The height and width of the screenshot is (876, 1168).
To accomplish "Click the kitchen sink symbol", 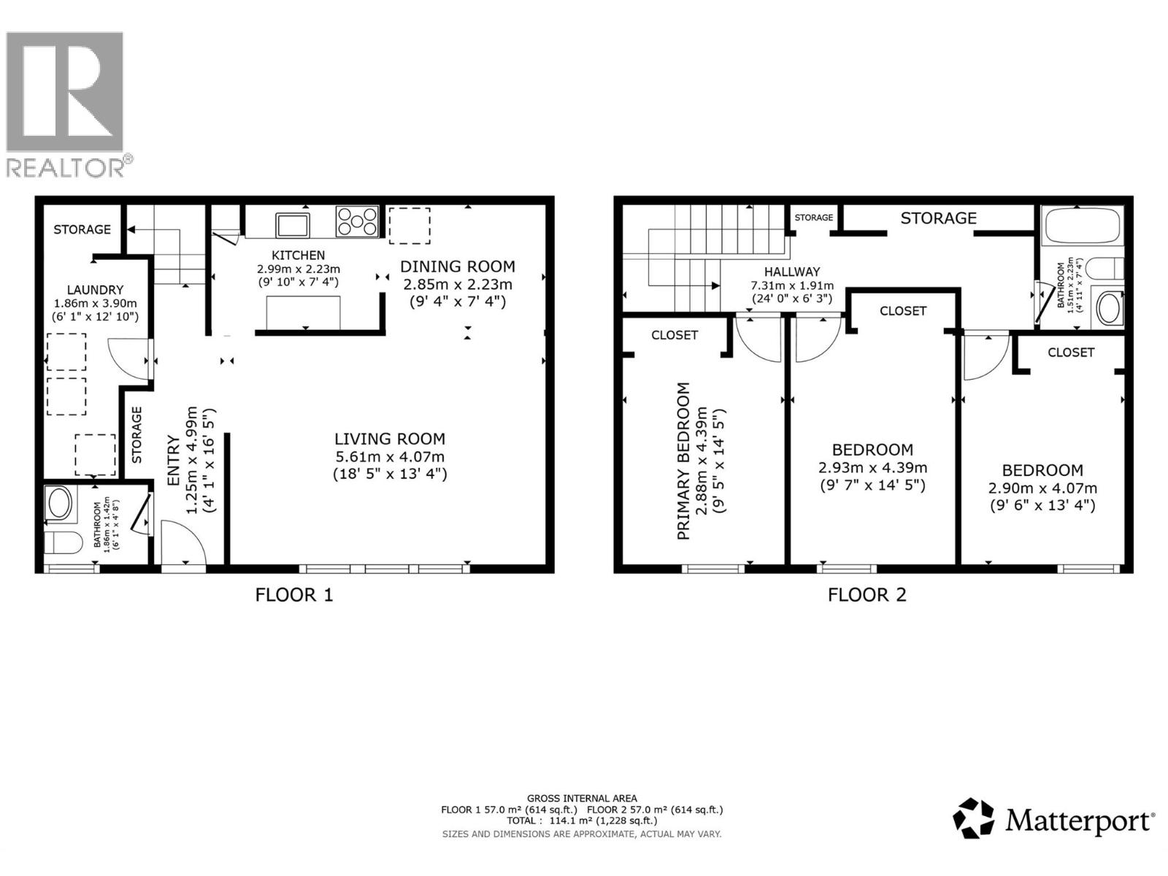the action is pyautogui.click(x=292, y=225).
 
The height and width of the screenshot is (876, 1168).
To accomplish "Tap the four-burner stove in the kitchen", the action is pyautogui.click(x=357, y=221).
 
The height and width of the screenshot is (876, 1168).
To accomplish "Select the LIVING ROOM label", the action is pyautogui.click(x=390, y=439).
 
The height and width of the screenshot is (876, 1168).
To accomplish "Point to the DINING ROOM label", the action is pyautogui.click(x=458, y=266).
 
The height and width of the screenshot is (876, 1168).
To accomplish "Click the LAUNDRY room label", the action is pyautogui.click(x=95, y=290).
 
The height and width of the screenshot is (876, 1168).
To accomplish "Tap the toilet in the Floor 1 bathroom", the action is pyautogui.click(x=63, y=542).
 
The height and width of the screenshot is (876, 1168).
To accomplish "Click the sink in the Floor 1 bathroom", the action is pyautogui.click(x=60, y=502).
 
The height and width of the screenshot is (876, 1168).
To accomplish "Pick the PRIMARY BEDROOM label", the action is pyautogui.click(x=683, y=461).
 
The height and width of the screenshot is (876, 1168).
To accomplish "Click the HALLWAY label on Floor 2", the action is pyautogui.click(x=792, y=272).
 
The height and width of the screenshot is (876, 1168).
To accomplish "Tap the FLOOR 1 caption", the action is pyautogui.click(x=294, y=595).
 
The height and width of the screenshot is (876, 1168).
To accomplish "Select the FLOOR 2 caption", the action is pyautogui.click(x=867, y=595).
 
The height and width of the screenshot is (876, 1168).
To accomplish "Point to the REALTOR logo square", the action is pyautogui.click(x=64, y=91).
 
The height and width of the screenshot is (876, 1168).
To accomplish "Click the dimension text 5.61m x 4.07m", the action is pyautogui.click(x=390, y=456).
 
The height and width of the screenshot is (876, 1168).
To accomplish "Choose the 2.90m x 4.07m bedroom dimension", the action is pyautogui.click(x=1042, y=488).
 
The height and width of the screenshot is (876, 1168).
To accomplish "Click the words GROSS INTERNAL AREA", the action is pyautogui.click(x=582, y=798).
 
